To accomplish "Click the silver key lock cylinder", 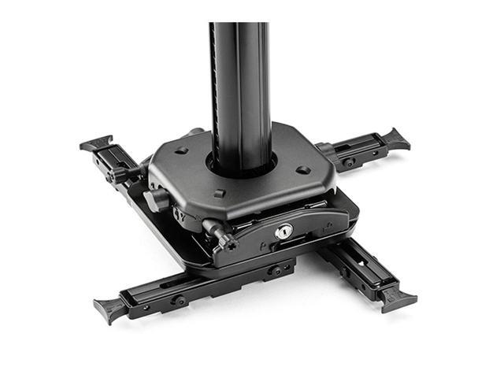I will (x=283, y=231).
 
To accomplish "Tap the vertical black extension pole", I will (x=240, y=87).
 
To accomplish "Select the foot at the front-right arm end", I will (x=398, y=298).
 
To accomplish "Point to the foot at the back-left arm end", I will (x=97, y=143).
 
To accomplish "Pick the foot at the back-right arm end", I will (x=395, y=139).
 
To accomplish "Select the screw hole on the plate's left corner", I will (x=181, y=150).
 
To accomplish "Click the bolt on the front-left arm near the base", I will (x=276, y=270).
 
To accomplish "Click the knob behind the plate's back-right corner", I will (x=323, y=149).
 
